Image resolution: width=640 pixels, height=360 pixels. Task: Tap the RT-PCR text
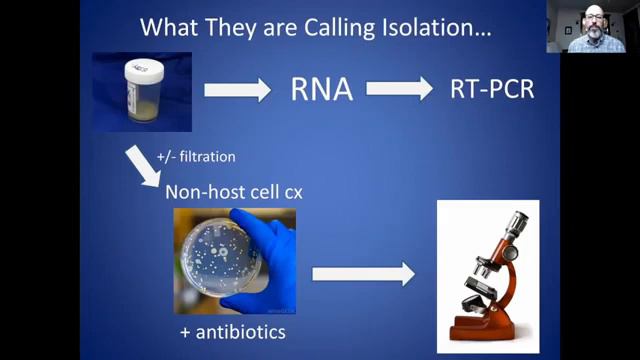point(492,91)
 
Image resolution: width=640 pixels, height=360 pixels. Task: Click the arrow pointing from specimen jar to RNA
point(237,91)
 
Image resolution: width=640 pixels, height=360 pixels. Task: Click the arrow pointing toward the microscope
point(363,272)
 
